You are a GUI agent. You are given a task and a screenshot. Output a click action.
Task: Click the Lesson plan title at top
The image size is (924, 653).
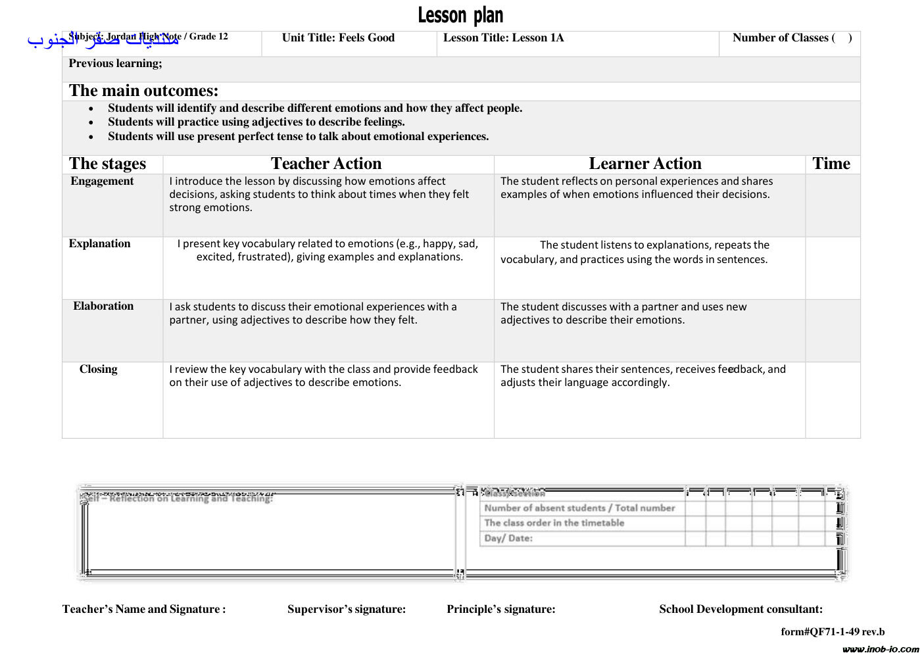[460, 15]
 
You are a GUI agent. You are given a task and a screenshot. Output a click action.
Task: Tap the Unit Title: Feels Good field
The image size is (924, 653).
[338, 38]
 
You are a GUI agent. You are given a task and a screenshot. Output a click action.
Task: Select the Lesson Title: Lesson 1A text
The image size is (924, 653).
[503, 38]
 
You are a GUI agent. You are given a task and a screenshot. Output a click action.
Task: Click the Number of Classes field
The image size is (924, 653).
[792, 38]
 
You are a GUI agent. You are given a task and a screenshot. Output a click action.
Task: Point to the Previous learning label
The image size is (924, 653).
[115, 64]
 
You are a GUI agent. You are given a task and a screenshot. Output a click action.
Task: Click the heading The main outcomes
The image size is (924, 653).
[143, 91]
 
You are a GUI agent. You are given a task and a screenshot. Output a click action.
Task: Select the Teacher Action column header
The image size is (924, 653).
[326, 164]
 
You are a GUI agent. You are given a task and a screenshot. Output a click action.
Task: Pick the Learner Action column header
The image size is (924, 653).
[644, 164]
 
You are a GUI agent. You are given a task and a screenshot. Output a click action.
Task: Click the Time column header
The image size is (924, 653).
[831, 164]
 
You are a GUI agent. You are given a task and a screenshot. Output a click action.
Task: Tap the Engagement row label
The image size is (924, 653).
[102, 181]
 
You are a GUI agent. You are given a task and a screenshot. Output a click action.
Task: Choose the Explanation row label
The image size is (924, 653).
[99, 244]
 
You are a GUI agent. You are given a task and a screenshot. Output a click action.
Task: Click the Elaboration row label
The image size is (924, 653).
[103, 306]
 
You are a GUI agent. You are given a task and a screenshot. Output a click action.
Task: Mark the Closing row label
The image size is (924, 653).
[98, 370]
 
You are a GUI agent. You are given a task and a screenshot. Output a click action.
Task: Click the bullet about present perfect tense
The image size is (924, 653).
[298, 137]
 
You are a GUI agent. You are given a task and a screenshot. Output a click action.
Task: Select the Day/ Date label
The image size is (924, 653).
[508, 539]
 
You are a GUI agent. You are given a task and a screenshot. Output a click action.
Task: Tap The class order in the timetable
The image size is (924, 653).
[554, 523]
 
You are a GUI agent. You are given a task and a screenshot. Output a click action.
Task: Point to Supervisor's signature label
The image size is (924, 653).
[346, 610]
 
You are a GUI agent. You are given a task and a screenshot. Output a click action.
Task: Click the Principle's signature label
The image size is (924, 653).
[500, 610]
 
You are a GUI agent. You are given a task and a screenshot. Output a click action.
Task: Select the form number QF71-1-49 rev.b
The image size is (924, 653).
[832, 632]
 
